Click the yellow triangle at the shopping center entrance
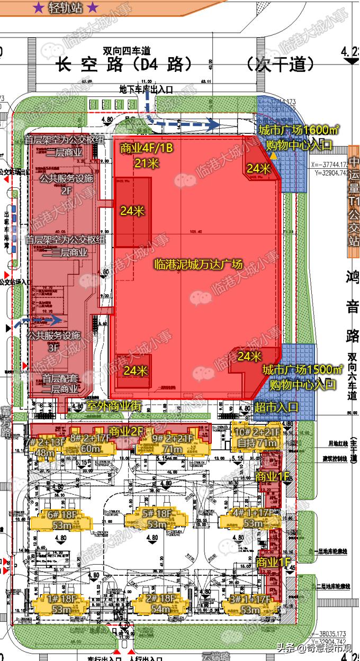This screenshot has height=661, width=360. (273, 157)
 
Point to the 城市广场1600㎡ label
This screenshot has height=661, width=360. (299, 130)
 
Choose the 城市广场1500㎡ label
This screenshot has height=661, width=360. (302, 369)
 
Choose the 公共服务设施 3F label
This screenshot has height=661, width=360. (53, 340)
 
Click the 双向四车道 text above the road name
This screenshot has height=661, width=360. (127, 51)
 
